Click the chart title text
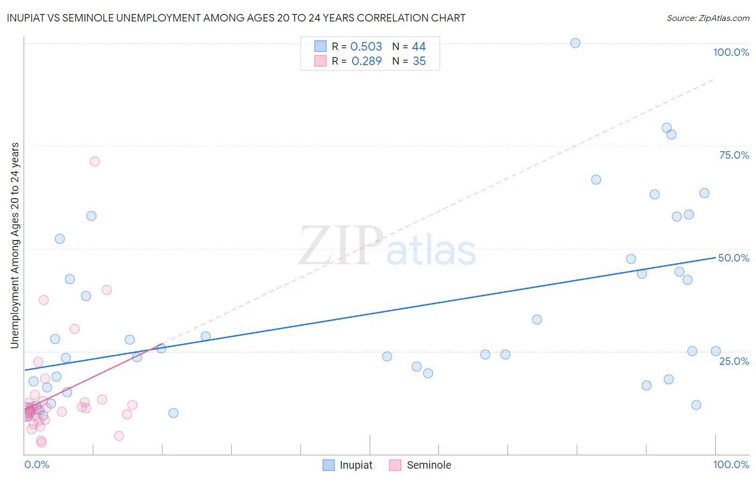(236, 18)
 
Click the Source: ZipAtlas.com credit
(708, 18)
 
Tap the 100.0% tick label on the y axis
(731, 52)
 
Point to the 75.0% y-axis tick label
(734, 155)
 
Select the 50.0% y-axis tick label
(733, 258)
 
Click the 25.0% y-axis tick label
(734, 361)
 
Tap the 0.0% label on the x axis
(37, 464)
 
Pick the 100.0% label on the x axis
(731, 464)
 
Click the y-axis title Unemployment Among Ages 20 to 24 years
(15, 245)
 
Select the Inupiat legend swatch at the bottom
(329, 465)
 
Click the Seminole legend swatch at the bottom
(395, 465)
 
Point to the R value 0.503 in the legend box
(366, 47)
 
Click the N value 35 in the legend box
(419, 61)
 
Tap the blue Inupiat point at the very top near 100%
(575, 43)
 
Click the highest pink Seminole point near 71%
(95, 161)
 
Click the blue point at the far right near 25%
(716, 351)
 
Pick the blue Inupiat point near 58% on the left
(91, 216)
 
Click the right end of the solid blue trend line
(715, 258)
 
